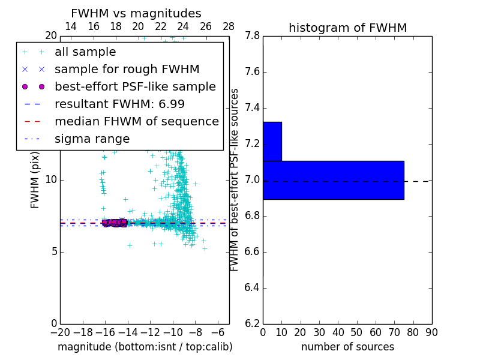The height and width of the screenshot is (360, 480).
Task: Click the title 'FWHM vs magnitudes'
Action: (x=136, y=14)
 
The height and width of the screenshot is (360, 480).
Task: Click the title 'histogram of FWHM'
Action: (x=347, y=28)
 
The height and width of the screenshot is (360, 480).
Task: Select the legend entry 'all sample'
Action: (x=85, y=52)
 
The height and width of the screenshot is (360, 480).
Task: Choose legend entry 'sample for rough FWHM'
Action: (x=127, y=70)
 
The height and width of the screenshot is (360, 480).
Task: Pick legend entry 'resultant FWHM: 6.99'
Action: (x=123, y=104)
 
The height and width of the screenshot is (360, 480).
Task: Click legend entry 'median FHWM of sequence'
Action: (x=136, y=122)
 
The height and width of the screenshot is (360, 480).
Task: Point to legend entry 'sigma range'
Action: (x=92, y=139)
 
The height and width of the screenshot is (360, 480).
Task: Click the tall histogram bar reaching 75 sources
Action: (x=333, y=180)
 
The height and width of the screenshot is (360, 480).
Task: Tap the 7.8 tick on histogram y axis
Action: (x=252, y=36)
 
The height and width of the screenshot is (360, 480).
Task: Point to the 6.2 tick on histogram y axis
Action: (x=252, y=323)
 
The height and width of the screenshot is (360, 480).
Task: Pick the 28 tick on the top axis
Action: (x=229, y=26)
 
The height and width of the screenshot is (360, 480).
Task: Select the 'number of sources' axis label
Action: (x=347, y=347)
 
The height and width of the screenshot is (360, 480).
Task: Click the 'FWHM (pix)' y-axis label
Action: (x=35, y=181)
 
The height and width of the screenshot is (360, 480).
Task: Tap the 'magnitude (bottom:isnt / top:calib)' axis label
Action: (x=145, y=347)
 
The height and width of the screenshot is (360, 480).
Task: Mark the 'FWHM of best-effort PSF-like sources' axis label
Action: (x=235, y=179)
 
